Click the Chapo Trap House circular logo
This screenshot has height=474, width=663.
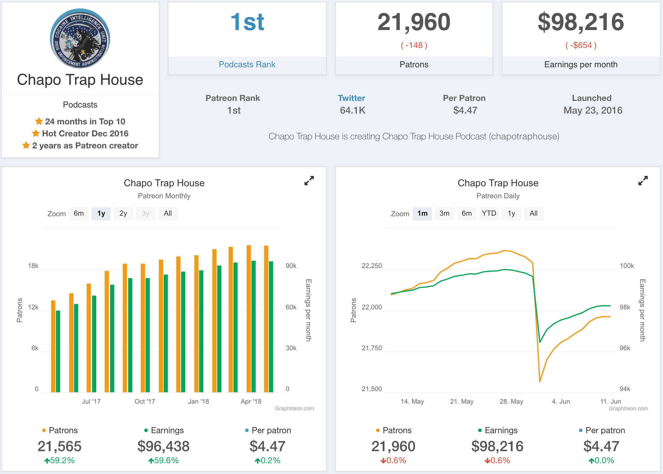pyautogui.click(x=80, y=38)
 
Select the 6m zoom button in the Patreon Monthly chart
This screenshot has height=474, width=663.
pyautogui.click(x=79, y=214)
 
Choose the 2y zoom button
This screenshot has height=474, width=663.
pyautogui.click(x=123, y=214)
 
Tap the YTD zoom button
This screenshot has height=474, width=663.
pyautogui.click(x=489, y=214)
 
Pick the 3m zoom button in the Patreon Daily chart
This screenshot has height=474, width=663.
pyautogui.click(x=444, y=214)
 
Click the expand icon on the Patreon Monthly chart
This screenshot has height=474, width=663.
pyautogui.click(x=309, y=181)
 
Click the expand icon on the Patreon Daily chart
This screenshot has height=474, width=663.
pyautogui.click(x=643, y=181)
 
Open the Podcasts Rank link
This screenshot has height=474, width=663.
pyautogui.click(x=247, y=65)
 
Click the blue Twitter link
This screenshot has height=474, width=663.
pyautogui.click(x=351, y=98)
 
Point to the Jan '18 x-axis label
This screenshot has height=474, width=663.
pyautogui.click(x=198, y=402)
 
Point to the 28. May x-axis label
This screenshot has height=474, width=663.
pyautogui.click(x=511, y=402)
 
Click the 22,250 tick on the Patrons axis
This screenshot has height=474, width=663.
pyautogui.click(x=372, y=266)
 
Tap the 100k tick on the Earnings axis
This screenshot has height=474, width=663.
pyautogui.click(x=627, y=266)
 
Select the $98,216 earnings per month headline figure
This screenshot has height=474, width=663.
pyautogui.click(x=581, y=22)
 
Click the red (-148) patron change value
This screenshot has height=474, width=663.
pyautogui.click(x=414, y=45)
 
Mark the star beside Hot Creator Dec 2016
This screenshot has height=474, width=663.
pyautogui.click(x=36, y=133)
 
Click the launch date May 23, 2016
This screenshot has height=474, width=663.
pyautogui.click(x=593, y=111)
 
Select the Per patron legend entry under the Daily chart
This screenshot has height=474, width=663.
pyautogui.click(x=605, y=430)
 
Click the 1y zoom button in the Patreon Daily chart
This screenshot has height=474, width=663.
pyautogui.click(x=511, y=214)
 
